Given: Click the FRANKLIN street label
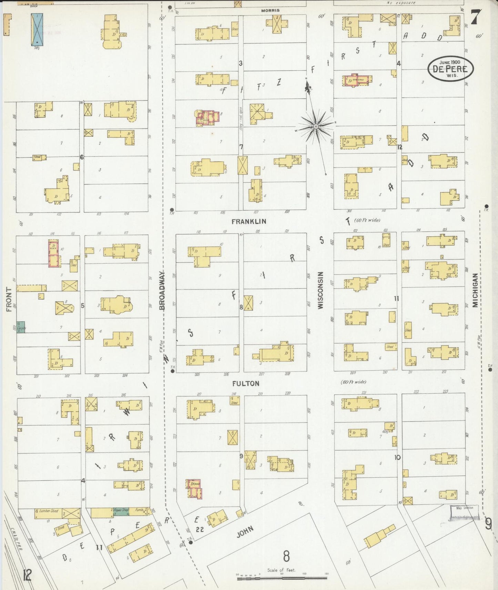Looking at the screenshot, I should (249, 222).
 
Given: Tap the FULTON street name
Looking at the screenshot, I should (246, 384).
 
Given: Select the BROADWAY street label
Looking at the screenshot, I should (163, 290).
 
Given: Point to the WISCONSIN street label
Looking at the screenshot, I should (321, 290).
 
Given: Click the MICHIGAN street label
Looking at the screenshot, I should (476, 290).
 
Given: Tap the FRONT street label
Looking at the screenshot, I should (9, 299).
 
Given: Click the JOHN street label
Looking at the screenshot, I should (245, 531).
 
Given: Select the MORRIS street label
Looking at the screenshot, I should (270, 10).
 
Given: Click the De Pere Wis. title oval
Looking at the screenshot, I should (450, 69).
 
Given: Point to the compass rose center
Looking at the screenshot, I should (315, 126).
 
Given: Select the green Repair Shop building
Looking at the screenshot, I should (121, 512).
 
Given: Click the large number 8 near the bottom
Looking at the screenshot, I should (286, 556).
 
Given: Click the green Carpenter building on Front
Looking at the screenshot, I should (21, 327).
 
